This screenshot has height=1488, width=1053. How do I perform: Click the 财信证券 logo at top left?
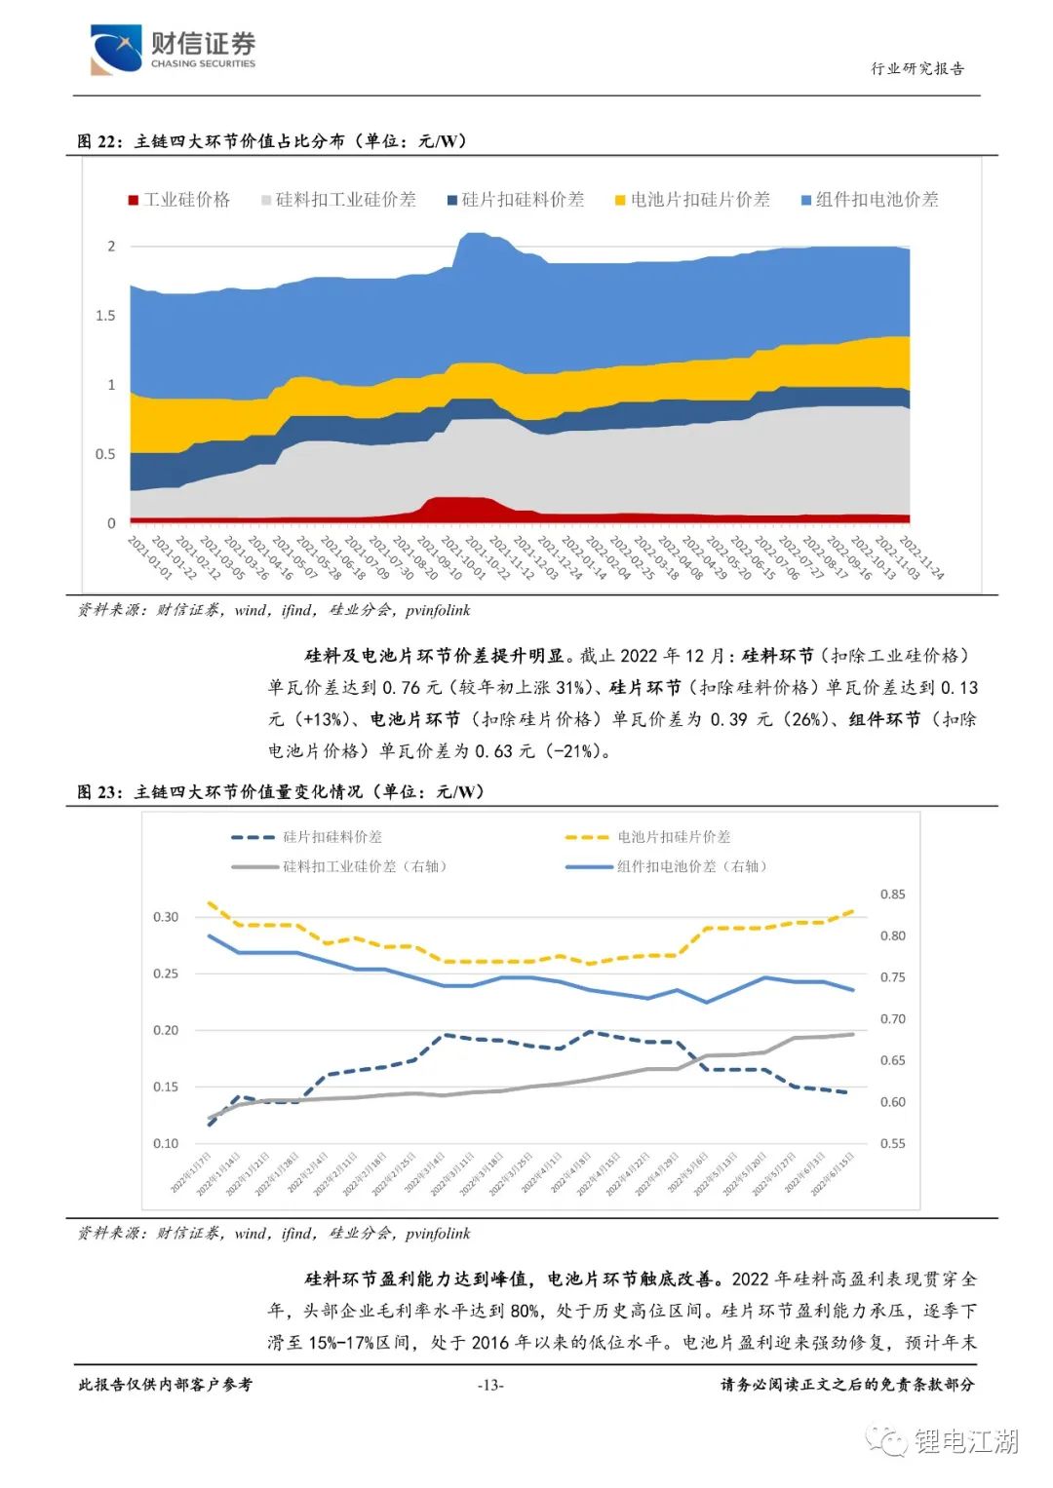[x=173, y=49]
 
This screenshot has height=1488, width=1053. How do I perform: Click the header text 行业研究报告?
[x=916, y=68]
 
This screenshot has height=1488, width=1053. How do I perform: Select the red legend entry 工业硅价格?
[x=179, y=200]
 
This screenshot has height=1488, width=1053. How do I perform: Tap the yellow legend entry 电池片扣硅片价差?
[x=692, y=200]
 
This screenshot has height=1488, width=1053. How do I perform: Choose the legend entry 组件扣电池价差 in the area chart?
[x=870, y=200]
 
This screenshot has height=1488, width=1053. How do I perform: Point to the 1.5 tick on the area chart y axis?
[x=105, y=316]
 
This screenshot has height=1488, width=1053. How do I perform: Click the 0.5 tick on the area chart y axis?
[x=105, y=454]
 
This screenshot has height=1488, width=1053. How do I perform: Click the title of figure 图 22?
[x=273, y=141]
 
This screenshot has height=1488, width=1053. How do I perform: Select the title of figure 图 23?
[x=281, y=792]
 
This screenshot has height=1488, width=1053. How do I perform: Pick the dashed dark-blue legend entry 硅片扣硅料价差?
[x=307, y=837]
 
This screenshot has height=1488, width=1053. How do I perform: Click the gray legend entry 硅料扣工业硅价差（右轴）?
[x=340, y=866]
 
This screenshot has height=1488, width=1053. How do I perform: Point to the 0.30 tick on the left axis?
[x=166, y=917]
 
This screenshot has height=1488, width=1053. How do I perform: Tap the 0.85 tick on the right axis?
[x=892, y=895]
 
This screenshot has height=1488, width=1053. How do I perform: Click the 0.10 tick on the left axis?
[x=166, y=1143]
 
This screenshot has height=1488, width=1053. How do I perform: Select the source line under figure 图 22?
[x=274, y=610]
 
